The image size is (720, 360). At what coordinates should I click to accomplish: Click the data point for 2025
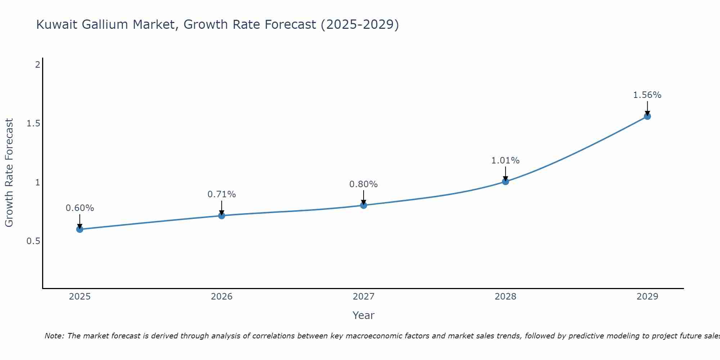point(80,229)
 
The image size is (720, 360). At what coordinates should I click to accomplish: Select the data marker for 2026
point(222,216)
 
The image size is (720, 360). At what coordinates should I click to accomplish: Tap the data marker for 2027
point(364,205)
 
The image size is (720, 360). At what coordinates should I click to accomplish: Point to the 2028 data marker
point(505,181)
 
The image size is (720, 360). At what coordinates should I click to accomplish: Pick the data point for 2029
point(647,116)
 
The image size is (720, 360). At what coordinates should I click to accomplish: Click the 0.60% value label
point(80,208)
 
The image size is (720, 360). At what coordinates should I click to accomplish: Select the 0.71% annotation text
point(222,194)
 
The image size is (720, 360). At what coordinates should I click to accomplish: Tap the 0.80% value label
point(364,184)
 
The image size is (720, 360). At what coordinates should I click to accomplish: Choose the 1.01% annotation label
point(505,161)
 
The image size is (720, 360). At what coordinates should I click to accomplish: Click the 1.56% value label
point(647,95)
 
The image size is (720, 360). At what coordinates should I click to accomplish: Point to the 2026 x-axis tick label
point(222,297)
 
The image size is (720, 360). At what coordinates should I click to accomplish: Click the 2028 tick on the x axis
point(505,297)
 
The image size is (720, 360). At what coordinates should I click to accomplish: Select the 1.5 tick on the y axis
point(33,123)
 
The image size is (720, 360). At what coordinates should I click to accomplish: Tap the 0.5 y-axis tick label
point(33,241)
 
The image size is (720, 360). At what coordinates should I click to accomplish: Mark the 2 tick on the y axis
point(37,65)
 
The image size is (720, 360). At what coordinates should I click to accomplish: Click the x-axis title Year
point(364,315)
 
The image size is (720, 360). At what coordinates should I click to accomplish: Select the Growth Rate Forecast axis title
point(9,173)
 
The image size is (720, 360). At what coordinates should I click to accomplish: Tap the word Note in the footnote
point(54,336)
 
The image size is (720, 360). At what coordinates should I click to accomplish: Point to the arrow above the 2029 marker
point(647,108)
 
